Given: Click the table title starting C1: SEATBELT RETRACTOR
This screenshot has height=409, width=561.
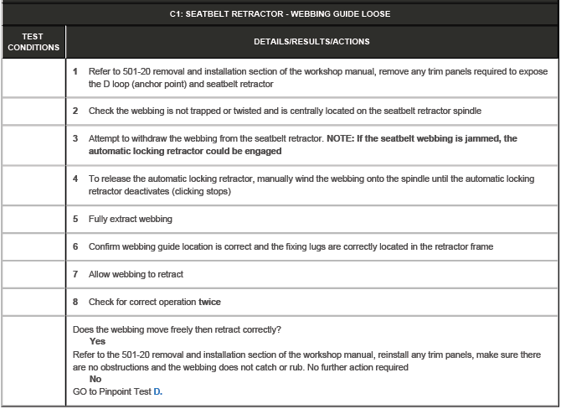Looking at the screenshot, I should coord(280,13).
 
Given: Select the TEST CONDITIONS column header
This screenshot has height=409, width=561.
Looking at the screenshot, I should coord(33,42).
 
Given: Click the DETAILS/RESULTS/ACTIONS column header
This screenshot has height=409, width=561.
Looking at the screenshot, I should coord(311,42).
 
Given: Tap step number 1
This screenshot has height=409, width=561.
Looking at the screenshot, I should coord(75,72).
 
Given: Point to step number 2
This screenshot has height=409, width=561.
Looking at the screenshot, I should coord(75,111).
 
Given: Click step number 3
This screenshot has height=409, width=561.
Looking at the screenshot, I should coord(75,138).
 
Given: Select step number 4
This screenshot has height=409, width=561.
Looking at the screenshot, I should coord(75,179).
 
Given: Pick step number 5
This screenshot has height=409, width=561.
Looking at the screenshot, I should coord(75,219).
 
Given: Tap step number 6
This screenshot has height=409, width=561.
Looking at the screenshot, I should coord(75,246).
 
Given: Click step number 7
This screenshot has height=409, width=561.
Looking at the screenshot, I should coord(75,274).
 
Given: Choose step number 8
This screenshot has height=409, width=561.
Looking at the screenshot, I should coord(75,302).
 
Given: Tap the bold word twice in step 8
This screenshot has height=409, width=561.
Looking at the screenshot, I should coord(209,302).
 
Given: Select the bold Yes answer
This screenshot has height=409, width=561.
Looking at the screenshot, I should coord(97,342).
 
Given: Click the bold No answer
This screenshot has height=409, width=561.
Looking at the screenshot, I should coord(95,379).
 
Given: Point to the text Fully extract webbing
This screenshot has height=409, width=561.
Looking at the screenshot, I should coord(131,219).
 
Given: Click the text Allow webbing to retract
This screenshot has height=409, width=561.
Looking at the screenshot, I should coord(136,274).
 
